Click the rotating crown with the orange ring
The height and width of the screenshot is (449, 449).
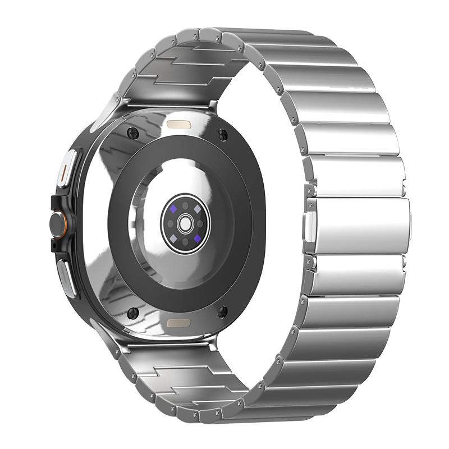(58, 223)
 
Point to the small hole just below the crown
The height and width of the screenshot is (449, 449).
(54, 246)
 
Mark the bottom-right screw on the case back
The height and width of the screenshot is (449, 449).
(223, 313)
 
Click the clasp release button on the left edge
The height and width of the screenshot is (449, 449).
(308, 224)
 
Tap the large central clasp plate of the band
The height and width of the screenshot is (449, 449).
(359, 225)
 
